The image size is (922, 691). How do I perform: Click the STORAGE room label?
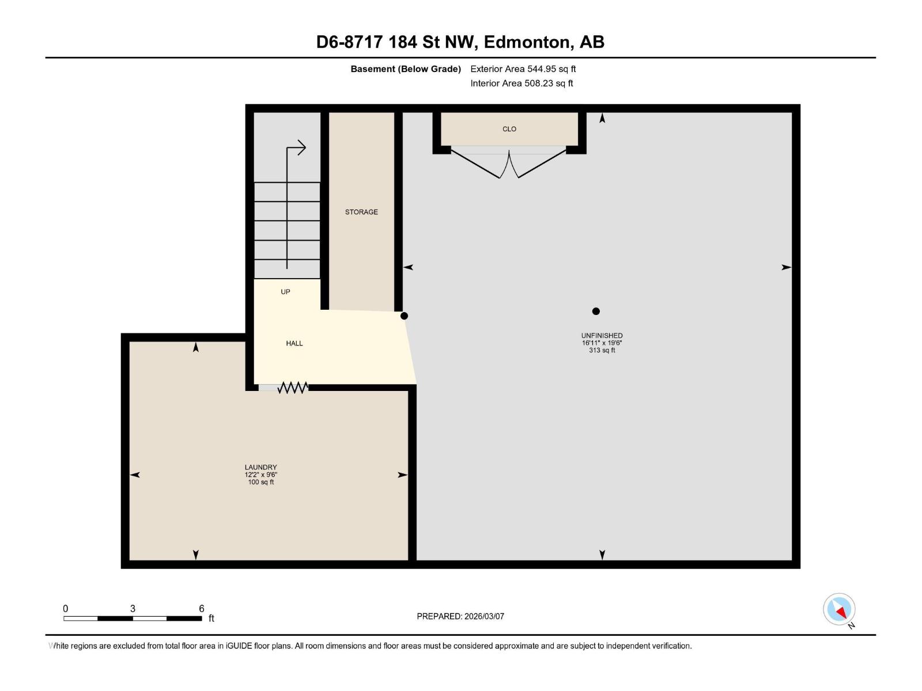[x=361, y=212]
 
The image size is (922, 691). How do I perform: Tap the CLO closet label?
[x=509, y=129]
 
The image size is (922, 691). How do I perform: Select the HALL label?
[x=294, y=343]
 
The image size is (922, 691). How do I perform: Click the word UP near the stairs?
[x=285, y=292]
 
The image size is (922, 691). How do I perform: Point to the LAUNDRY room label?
[x=260, y=467]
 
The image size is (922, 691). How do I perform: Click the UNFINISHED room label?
[x=602, y=335]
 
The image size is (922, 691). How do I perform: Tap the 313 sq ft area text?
[x=602, y=350]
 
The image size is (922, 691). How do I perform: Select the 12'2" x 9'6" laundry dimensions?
[x=260, y=475]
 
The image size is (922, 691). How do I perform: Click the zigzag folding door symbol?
[x=293, y=388]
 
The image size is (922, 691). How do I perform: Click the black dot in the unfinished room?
[x=596, y=311]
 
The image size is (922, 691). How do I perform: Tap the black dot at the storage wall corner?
[x=404, y=316]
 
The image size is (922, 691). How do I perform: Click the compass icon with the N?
[x=839, y=609]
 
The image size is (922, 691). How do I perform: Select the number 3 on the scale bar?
[x=133, y=609]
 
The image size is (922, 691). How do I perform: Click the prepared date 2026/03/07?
[x=484, y=616]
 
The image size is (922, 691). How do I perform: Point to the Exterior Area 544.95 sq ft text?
[x=523, y=69]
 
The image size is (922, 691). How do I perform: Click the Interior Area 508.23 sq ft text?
[x=522, y=83]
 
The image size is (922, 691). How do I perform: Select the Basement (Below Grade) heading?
[x=406, y=69]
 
